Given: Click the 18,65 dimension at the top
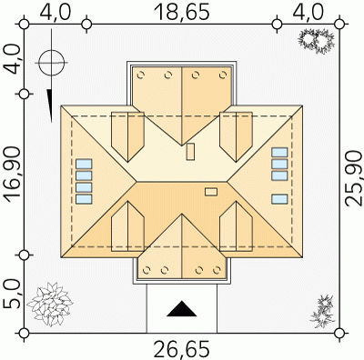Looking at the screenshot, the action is [182, 12].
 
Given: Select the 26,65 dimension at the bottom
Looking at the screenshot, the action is [182, 350].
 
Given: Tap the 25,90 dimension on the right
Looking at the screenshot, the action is [353, 178].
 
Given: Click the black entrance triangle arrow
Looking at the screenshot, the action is [182, 309].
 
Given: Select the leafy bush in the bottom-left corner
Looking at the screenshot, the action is [49, 304].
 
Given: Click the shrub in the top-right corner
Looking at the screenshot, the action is [317, 40].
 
